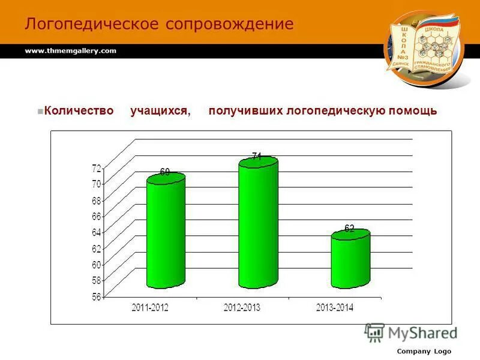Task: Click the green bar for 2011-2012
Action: click(166, 231)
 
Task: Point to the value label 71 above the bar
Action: click(256, 156)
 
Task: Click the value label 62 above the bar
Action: click(349, 228)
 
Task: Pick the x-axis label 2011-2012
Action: click(150, 307)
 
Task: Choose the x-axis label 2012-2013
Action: click(242, 307)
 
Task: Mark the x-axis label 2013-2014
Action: click(335, 307)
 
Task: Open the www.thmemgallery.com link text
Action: click(70, 51)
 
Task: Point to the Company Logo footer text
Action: click(424, 351)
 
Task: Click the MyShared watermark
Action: click(412, 332)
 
